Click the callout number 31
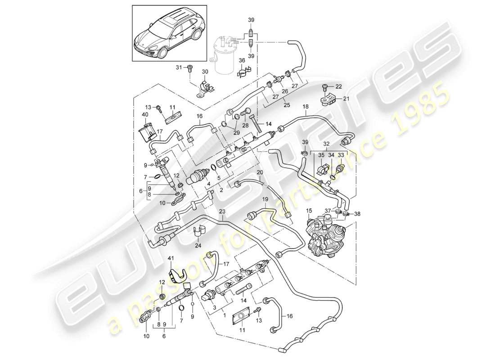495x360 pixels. point(179,67)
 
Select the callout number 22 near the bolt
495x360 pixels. point(338,86)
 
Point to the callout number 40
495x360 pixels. point(145,115)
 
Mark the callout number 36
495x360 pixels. point(242,60)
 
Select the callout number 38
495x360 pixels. point(358,214)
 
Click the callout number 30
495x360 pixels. point(205,72)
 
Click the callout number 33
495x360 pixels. point(340,155)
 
